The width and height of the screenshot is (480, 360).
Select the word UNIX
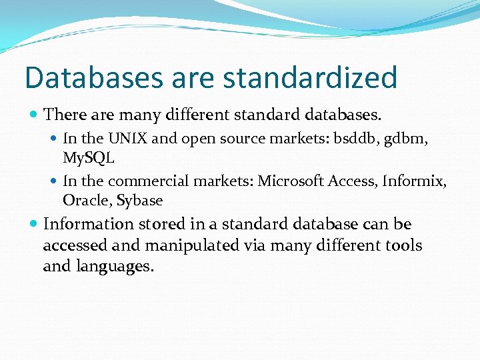128,139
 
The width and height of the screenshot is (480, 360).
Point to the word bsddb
357,139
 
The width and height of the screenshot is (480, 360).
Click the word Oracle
84,200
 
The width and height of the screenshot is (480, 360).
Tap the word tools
403,245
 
